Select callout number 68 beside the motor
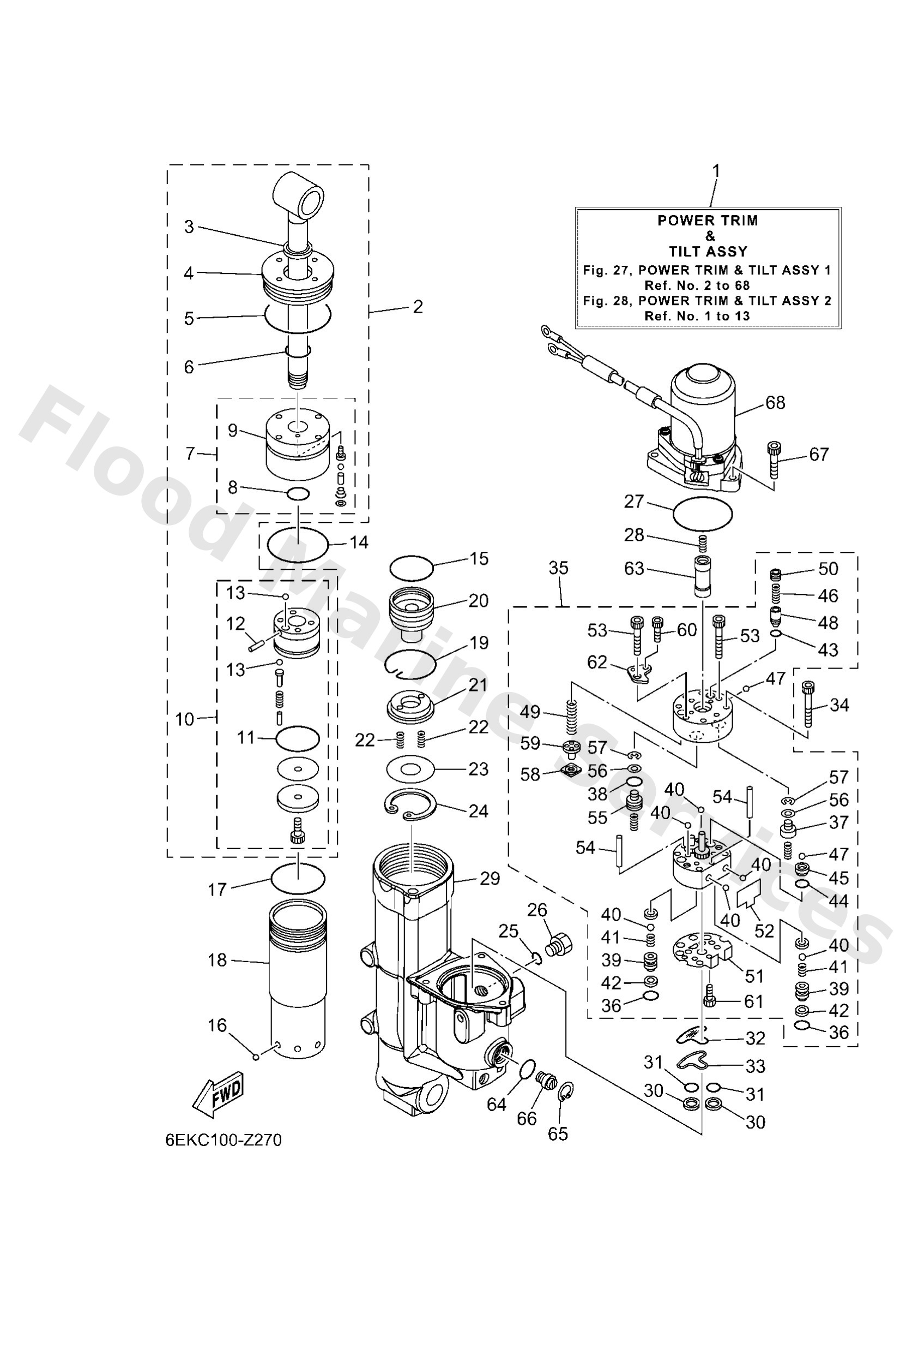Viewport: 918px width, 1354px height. tap(775, 403)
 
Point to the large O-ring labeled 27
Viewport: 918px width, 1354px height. tap(702, 514)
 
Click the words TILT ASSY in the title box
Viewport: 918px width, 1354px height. tap(708, 252)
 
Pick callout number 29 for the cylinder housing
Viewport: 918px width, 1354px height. tap(490, 879)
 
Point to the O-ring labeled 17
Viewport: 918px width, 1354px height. tap(298, 878)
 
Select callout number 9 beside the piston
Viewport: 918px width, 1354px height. tap(233, 431)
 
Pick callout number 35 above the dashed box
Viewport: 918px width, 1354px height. tap(558, 568)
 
